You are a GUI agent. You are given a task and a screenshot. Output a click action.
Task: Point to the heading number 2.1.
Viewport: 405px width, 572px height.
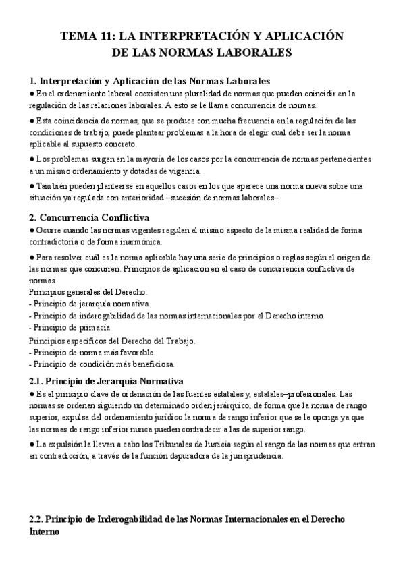point(38,381)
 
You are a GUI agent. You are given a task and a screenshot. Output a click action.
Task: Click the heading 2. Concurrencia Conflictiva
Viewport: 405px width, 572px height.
point(89,217)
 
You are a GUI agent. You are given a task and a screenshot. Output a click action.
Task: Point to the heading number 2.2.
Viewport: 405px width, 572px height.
point(38,520)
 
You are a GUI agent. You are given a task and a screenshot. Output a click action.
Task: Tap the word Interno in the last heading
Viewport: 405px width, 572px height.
point(45,532)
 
